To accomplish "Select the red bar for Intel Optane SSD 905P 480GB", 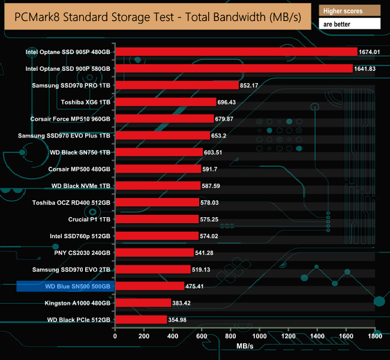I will click(x=236, y=52).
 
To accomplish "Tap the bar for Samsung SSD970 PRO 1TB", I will click(x=176, y=85).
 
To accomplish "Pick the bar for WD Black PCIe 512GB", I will click(x=141, y=319).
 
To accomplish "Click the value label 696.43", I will click(x=230, y=102).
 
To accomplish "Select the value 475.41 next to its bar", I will click(x=198, y=286).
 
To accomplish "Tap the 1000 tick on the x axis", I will click(x=259, y=337).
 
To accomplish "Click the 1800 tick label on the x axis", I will click(x=374, y=337).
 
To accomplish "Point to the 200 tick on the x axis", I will click(x=144, y=337).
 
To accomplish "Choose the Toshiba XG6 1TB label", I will click(x=85, y=102).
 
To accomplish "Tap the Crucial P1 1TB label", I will click(x=89, y=219).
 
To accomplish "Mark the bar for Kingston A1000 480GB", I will click(x=143, y=302).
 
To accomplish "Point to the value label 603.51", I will click(x=217, y=152).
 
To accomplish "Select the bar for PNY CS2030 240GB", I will click(x=154, y=253).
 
